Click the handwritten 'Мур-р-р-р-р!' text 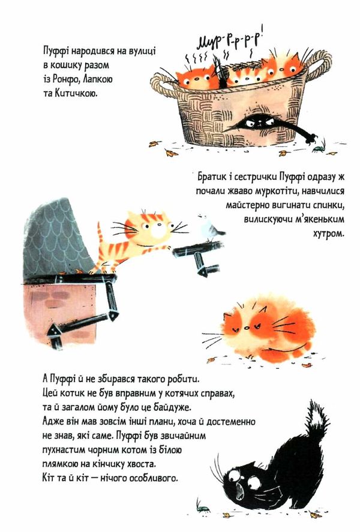tap(231, 40)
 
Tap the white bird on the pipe tap(209, 227)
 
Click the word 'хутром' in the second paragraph tap(328, 234)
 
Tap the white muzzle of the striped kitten tap(158, 232)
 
